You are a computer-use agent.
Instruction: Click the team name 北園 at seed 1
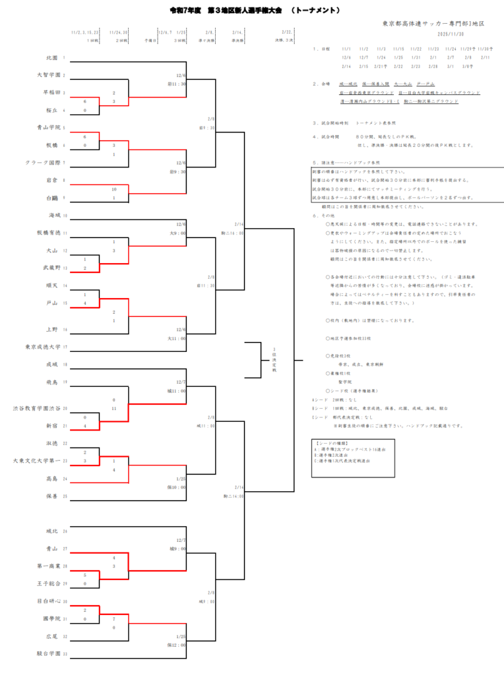tap(52, 58)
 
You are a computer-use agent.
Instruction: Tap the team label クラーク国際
tap(44, 162)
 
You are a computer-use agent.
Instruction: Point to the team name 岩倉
tap(52, 179)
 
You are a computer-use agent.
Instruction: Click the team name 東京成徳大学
tap(43, 346)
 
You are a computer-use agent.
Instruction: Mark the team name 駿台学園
tap(48, 653)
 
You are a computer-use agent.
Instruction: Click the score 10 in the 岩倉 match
tap(114, 189)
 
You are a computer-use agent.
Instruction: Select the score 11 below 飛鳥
tap(114, 409)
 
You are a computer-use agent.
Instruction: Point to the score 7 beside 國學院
tap(114, 619)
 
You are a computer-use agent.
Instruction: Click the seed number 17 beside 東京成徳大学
tap(65, 346)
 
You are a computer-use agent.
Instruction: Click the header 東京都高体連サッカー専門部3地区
tap(433, 24)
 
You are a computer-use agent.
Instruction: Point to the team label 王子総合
tap(48, 583)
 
